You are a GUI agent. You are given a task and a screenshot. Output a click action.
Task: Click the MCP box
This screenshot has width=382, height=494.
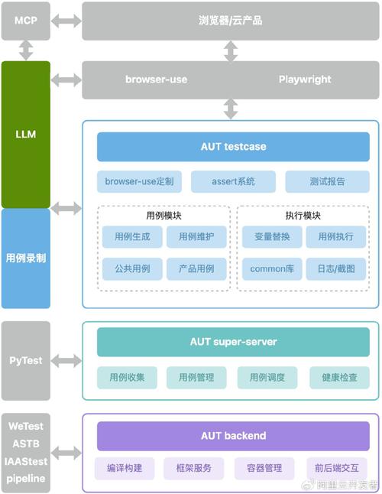[26, 21]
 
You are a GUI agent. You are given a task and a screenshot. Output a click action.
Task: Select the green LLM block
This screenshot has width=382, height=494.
[26, 135]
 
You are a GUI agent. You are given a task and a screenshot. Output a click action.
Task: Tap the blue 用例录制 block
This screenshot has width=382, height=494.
[26, 258]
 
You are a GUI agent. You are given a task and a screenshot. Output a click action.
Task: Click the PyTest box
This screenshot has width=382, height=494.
[26, 361]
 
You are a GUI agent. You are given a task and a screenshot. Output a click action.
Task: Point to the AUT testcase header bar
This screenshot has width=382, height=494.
[233, 147]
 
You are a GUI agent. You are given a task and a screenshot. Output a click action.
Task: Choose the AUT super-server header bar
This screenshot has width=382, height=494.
[233, 342]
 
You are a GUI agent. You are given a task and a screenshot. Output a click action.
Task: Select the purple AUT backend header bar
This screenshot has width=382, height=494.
[233, 436]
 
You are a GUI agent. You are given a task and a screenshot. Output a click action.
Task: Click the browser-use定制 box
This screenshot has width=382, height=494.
[139, 181]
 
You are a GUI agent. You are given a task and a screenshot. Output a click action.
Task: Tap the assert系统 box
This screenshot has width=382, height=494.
[233, 181]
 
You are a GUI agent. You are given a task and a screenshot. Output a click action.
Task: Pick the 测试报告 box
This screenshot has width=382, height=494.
[327, 181]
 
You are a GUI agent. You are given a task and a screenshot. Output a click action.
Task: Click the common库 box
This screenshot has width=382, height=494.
[272, 269]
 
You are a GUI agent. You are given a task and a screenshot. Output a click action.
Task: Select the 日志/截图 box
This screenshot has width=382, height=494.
[336, 269]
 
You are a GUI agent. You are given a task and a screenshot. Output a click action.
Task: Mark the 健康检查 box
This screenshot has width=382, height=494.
[339, 378]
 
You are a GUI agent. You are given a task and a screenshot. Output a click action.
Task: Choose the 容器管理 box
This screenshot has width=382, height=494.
[264, 468]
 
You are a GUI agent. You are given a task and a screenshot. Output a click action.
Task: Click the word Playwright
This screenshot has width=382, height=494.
[305, 80]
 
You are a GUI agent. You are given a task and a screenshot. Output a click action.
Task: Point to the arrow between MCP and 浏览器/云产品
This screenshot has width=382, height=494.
[66, 21]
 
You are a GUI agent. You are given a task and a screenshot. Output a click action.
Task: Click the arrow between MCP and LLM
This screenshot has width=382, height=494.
[26, 50]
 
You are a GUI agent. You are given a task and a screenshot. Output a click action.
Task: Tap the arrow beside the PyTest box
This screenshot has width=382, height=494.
[66, 361]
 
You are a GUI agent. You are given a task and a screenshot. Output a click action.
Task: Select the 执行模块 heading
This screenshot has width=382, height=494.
[303, 216]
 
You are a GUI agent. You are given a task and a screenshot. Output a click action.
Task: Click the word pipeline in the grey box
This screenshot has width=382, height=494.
[26, 479]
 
